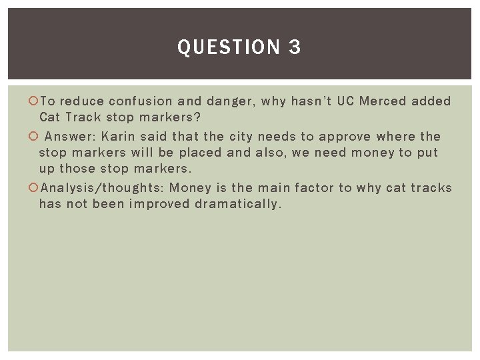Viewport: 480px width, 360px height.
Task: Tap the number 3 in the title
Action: tap(295, 47)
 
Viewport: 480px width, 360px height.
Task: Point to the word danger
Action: tap(228, 102)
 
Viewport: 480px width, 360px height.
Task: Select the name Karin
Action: tap(121, 136)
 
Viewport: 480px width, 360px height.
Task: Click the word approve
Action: tap(345, 136)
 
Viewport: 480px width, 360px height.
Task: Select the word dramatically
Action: tap(238, 204)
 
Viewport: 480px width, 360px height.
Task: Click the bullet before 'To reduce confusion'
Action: tap(34, 102)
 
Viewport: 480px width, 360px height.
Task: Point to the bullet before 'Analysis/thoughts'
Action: tap(34, 188)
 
